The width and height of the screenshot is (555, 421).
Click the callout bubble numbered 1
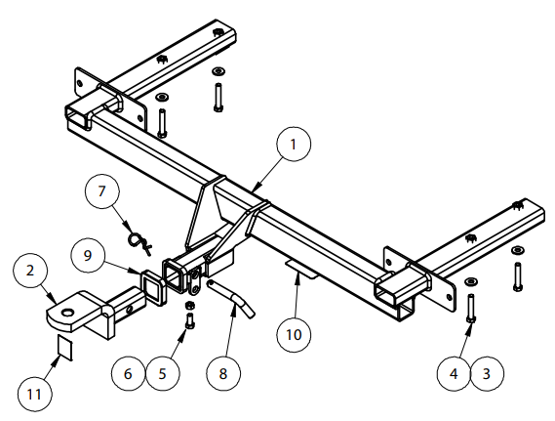(x=294, y=145)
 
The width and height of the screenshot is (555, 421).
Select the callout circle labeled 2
(x=30, y=271)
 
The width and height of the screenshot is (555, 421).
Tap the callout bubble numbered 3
(x=487, y=373)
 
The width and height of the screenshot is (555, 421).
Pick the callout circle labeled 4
(x=454, y=373)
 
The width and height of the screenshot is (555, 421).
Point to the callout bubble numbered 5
(x=163, y=373)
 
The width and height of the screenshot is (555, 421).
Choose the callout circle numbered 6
(x=128, y=373)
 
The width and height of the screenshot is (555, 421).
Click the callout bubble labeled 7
(x=102, y=191)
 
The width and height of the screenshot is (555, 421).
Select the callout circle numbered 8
(x=223, y=373)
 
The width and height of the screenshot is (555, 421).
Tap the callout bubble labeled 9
(x=88, y=255)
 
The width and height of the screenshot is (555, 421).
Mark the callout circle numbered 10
(x=294, y=335)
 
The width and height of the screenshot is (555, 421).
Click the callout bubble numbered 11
(x=35, y=394)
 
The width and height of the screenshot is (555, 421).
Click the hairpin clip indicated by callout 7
(x=139, y=241)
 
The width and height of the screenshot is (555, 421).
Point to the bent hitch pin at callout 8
(x=231, y=298)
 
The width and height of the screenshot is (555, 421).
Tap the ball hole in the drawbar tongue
(x=67, y=313)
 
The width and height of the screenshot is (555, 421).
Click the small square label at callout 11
(x=65, y=348)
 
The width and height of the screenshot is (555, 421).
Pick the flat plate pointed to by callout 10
(x=300, y=269)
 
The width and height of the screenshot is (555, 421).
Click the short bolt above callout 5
(x=190, y=321)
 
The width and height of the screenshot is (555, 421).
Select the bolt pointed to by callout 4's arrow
(x=471, y=308)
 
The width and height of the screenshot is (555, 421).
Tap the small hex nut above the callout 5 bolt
(x=190, y=305)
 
